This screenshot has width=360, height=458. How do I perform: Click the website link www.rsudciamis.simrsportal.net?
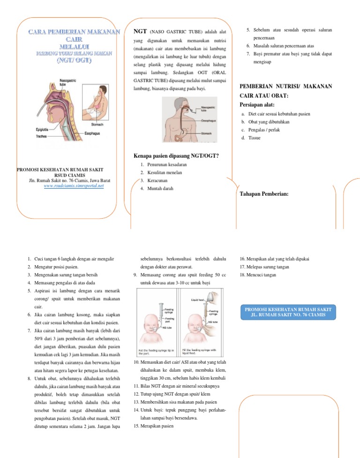click(74, 186)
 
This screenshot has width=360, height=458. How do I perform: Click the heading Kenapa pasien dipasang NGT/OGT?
click(177, 155)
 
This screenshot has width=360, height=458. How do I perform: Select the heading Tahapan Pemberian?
click(264, 194)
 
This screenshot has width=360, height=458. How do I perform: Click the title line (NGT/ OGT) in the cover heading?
click(74, 61)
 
